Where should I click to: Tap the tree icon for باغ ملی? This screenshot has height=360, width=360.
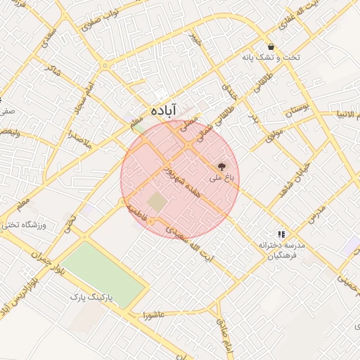pos(222,167)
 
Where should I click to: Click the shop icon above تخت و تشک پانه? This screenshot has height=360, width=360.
pos(271,46)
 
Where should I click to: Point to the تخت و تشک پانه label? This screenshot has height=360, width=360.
pos(271,58)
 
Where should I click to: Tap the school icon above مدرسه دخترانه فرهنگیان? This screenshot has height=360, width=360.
pos(281,234)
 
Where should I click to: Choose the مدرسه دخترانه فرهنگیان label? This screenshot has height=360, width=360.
pos(281,251)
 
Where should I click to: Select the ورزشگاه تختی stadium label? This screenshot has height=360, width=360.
pos(24,226)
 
